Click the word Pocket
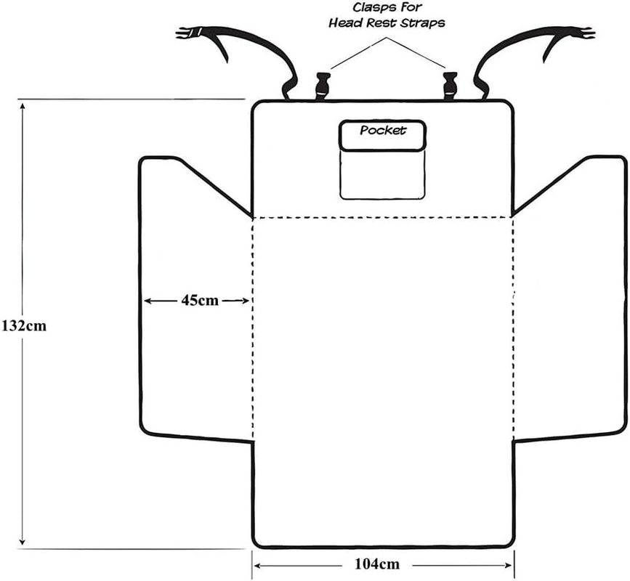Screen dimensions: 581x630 (383, 131)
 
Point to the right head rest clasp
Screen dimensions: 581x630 (448, 85)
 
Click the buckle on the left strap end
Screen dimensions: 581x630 (190, 32)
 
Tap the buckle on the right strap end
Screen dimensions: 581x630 (579, 33)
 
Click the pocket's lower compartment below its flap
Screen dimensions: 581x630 (382, 175)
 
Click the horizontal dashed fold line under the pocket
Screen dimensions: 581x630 (383, 216)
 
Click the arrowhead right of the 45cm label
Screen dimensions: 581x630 (246, 301)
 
